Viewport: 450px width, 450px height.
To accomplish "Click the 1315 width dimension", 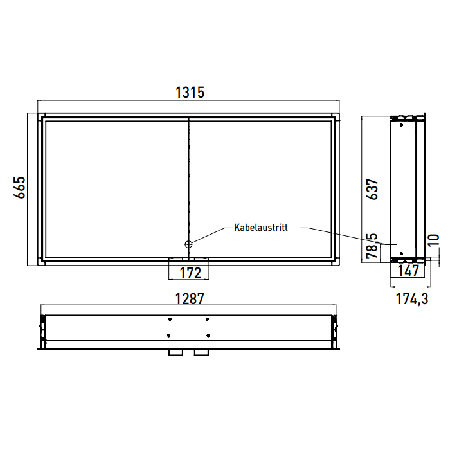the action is click(x=190, y=93).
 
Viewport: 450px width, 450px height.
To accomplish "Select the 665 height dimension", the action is click(x=19, y=188).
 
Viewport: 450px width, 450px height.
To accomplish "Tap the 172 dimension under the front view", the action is click(x=190, y=273).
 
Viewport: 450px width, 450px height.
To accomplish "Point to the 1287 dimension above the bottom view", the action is click(x=190, y=299).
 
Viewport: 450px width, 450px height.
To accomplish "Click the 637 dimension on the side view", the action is click(x=372, y=189).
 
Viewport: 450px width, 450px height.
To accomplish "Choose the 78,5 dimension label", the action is click(x=372, y=246).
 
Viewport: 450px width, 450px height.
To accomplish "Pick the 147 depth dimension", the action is click(x=409, y=271).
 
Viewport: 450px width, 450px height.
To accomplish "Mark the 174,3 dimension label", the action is click(x=412, y=299).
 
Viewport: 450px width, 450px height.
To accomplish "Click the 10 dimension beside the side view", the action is click(x=434, y=240).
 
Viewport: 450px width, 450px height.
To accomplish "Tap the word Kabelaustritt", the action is click(x=261, y=228).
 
